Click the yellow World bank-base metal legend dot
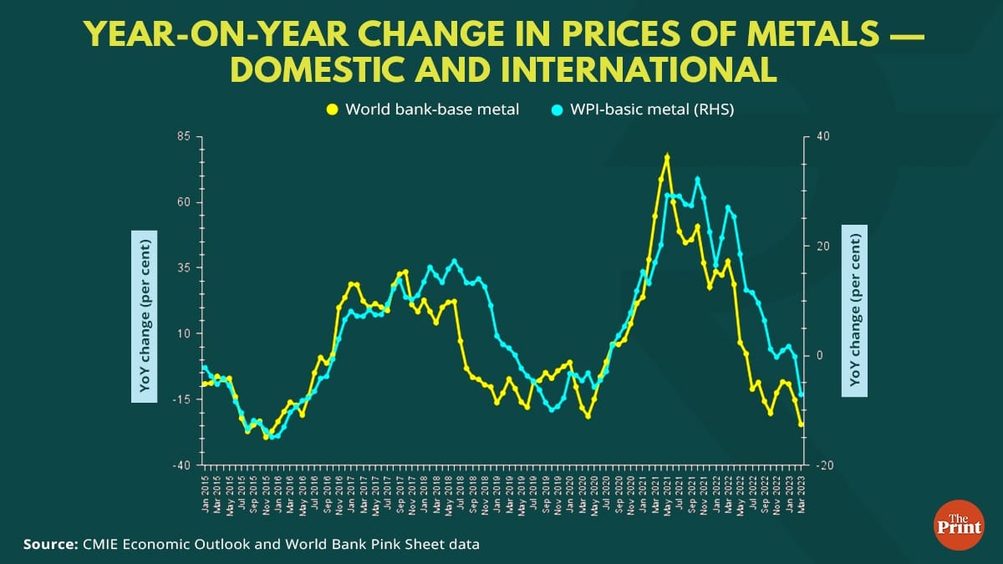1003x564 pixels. click(332, 109)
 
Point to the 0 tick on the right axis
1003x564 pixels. click(820, 355)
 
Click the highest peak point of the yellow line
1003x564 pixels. click(667, 156)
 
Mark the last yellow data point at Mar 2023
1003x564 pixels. click(801, 424)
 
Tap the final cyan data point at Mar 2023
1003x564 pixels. click(801, 394)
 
